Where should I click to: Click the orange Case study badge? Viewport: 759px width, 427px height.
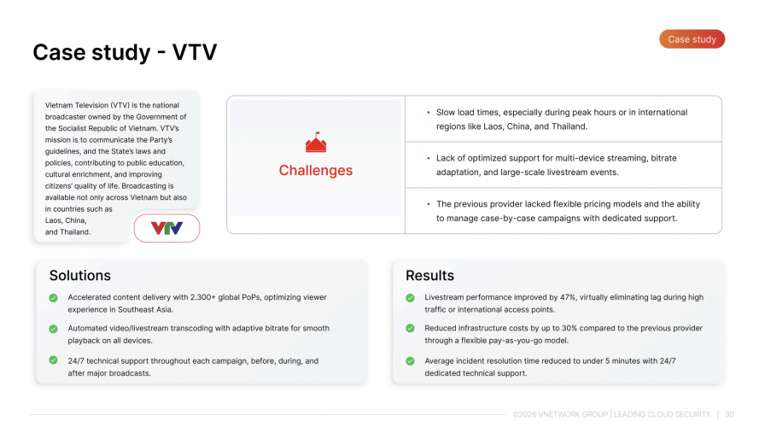(x=692, y=39)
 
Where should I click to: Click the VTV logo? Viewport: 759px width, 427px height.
(x=166, y=228)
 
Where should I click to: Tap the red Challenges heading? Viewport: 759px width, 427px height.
(x=315, y=170)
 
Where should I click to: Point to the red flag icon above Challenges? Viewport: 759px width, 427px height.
(x=316, y=143)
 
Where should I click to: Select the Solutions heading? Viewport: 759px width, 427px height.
(x=80, y=275)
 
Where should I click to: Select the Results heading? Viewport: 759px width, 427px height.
(x=429, y=275)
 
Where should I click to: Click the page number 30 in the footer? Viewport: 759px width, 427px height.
(x=729, y=414)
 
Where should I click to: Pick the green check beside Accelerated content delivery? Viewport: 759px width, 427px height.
(x=54, y=298)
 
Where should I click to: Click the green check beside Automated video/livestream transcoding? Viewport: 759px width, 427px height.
(x=54, y=329)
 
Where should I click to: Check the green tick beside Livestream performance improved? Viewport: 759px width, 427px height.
(x=411, y=298)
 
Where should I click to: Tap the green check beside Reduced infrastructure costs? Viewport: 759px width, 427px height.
(x=411, y=329)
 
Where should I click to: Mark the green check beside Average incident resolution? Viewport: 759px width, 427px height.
(x=411, y=361)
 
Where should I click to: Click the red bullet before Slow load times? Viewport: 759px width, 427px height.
(x=427, y=113)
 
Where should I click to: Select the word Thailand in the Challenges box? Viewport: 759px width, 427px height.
(x=569, y=126)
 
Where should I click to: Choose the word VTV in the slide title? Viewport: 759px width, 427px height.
(x=195, y=52)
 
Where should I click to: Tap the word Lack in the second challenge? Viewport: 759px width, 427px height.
(x=446, y=158)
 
